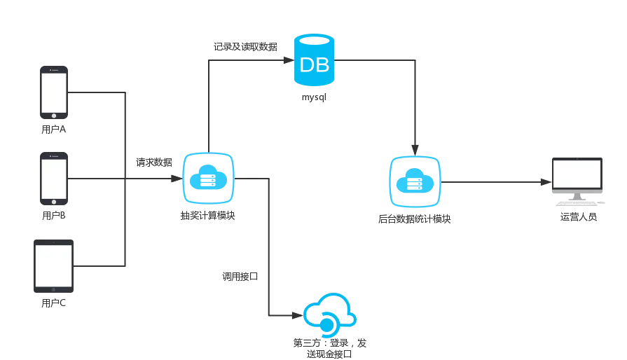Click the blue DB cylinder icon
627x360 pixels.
314,60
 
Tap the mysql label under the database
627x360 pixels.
314,97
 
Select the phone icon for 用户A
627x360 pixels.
54,92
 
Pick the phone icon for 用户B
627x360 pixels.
54,179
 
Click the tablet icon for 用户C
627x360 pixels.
53,266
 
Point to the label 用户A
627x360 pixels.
53,130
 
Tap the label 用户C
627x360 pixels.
53,303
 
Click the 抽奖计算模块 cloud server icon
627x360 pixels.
208,178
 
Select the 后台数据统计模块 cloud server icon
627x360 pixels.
415,182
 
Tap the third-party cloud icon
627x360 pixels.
330,314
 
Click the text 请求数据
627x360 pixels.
154,162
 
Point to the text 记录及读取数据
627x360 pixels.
245,47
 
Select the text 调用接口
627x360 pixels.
240,277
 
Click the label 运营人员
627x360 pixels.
578,217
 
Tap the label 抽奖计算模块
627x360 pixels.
207,216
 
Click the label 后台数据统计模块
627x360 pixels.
414,219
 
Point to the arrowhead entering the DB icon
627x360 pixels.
289,60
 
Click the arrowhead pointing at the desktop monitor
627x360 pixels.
546,182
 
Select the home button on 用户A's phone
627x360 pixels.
54,116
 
